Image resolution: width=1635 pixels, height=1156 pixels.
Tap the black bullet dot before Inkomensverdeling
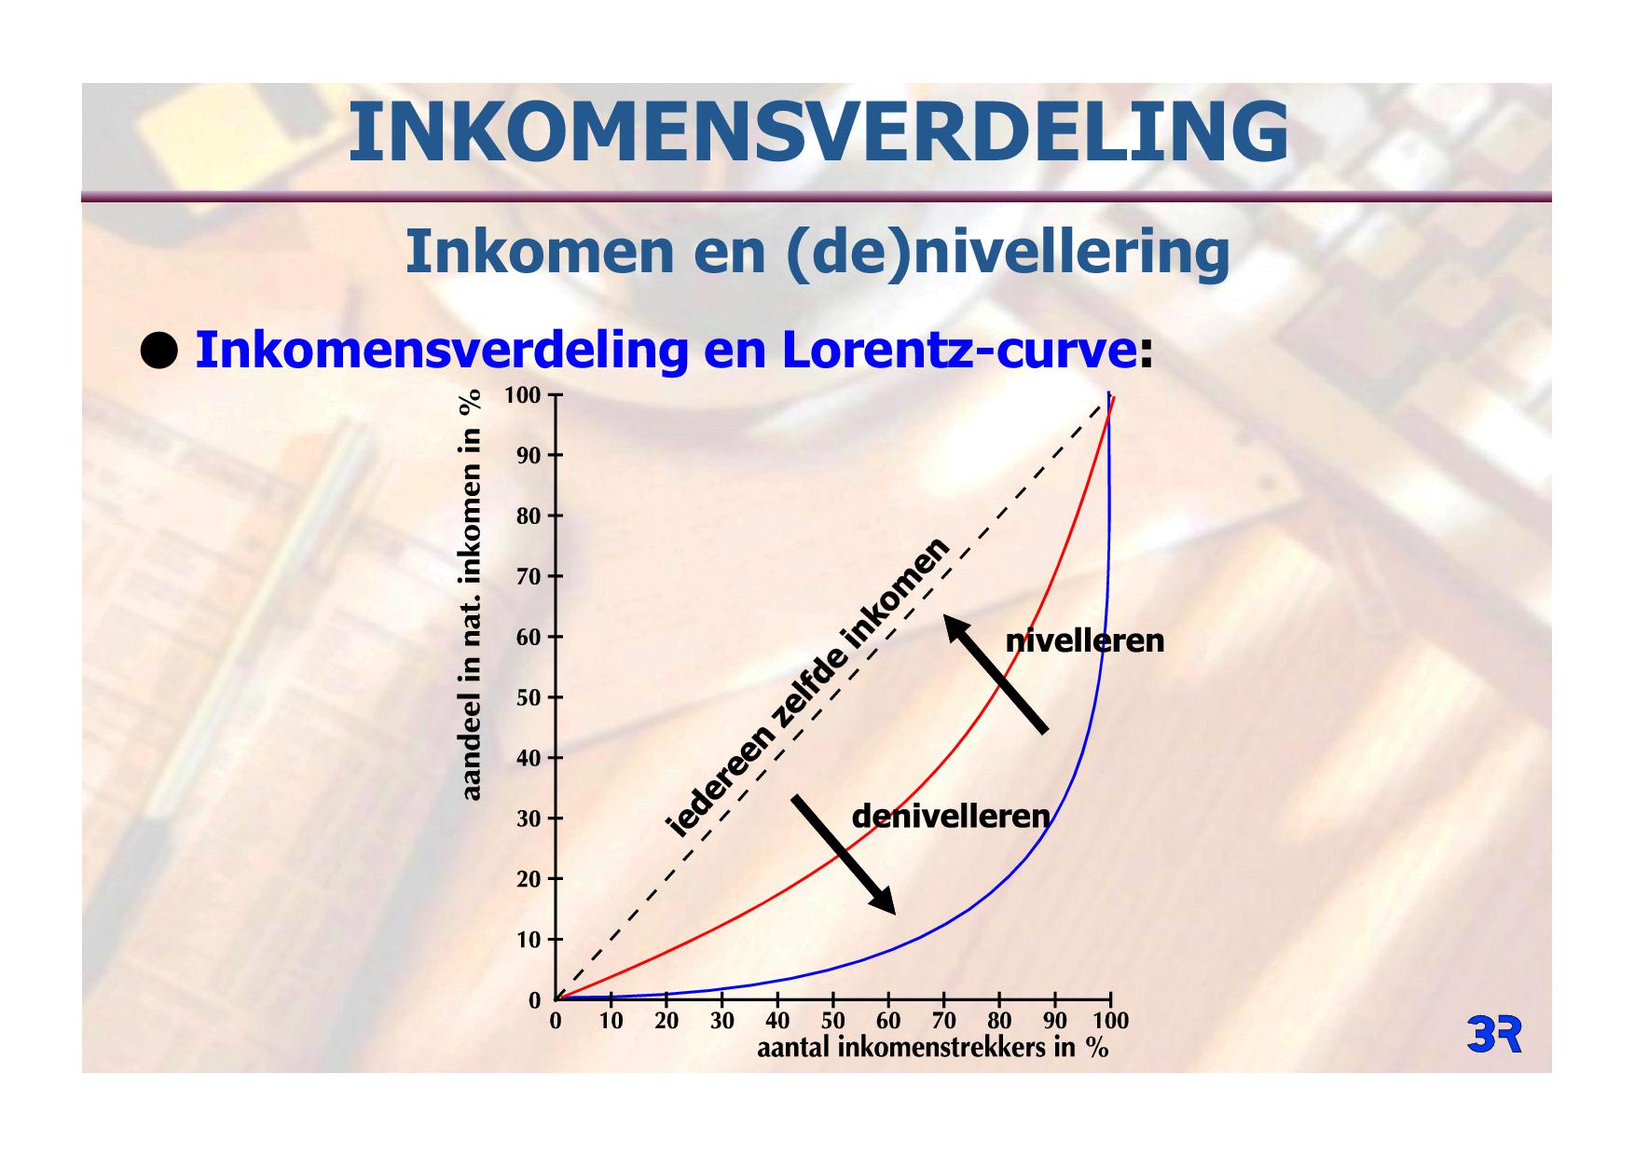coord(158,351)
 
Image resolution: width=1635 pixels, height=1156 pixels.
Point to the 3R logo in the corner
coord(1494,1035)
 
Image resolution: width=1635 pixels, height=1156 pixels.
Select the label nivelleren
coord(1085,640)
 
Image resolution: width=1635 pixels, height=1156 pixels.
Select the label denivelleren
coord(951,816)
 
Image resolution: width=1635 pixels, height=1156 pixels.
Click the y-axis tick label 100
coord(522,395)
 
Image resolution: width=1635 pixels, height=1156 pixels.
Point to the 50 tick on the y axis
coord(529,697)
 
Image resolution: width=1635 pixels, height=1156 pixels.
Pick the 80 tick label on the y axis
coord(529,516)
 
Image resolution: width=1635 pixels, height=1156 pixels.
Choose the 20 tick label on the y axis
coord(529,879)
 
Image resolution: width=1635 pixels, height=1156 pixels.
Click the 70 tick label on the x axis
coord(943,1021)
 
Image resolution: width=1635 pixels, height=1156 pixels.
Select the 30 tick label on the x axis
coord(721,1021)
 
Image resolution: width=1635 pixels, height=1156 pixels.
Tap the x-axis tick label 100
coord(1109,1021)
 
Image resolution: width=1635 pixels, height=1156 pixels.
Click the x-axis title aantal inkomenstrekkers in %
coord(932,1047)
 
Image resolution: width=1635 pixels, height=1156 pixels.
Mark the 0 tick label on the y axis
coord(534,1000)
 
